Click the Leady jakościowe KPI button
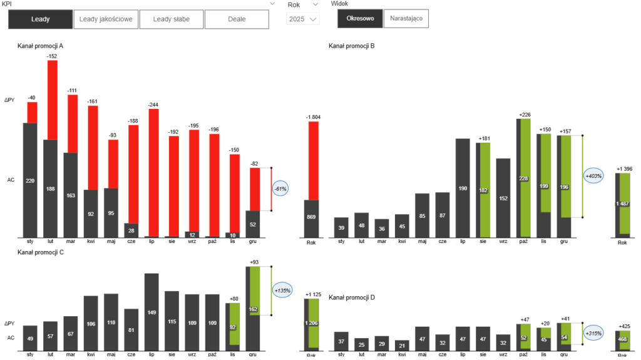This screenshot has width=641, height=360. tap(106, 19)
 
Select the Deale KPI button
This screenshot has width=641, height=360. tap(237, 19)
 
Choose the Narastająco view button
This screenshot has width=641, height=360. tap(406, 19)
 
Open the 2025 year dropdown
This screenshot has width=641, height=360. tap(303, 19)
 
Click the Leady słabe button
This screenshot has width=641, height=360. tap(172, 19)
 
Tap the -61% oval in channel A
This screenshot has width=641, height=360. tap(280, 188)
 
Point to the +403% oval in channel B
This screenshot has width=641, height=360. tap(593, 176)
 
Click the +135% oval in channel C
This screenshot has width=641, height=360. tap(282, 291)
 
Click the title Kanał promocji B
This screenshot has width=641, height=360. tap(351, 46)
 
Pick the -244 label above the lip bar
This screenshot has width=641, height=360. tap(153, 105)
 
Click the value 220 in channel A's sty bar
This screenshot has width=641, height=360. tap(30, 180)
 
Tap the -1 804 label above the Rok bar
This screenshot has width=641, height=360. tap(313, 117)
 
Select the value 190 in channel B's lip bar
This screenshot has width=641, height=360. tap(463, 188)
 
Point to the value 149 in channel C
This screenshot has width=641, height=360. tap(151, 313)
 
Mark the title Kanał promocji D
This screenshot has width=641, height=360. tap(351, 297)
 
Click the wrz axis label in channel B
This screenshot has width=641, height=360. tap(503, 241)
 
